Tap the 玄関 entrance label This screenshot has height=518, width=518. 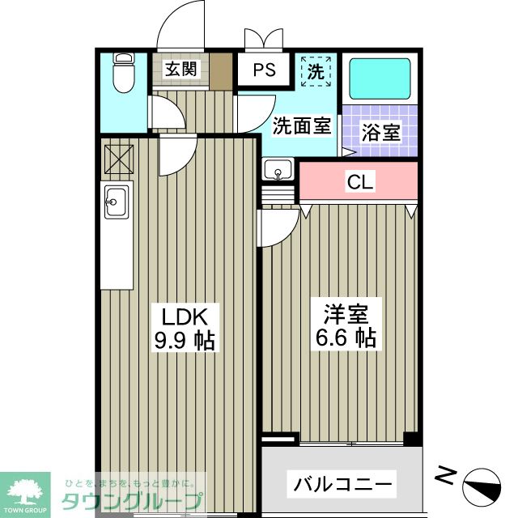click(x=180, y=70)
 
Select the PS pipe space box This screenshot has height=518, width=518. click(x=265, y=70)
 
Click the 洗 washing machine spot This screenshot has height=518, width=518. click(x=316, y=70)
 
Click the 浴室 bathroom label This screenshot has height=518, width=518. click(x=380, y=133)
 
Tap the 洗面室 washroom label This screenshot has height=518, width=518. click(x=301, y=125)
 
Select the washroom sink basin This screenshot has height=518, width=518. click(x=279, y=171)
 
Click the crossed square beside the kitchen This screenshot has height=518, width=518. click(x=118, y=159)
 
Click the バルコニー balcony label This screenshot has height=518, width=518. click(x=343, y=486)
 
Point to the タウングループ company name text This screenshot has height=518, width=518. click(x=134, y=499)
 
